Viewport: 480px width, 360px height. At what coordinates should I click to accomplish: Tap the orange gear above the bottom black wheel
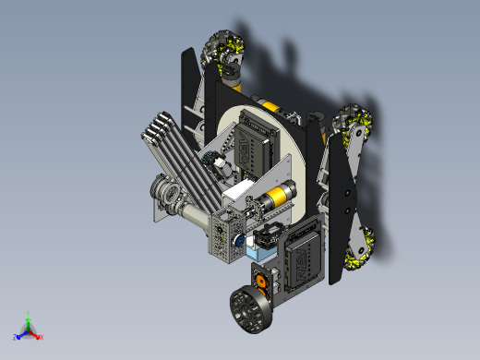coord(261,280)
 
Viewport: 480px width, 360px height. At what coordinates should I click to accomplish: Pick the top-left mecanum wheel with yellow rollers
coord(224,48)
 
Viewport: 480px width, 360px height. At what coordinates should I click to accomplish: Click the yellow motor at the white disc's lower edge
coord(277,196)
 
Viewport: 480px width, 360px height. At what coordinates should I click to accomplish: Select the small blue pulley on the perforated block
coord(238,243)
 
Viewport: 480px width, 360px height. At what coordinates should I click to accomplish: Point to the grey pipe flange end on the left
coord(168,195)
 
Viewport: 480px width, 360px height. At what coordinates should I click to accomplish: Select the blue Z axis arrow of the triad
coord(18,336)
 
